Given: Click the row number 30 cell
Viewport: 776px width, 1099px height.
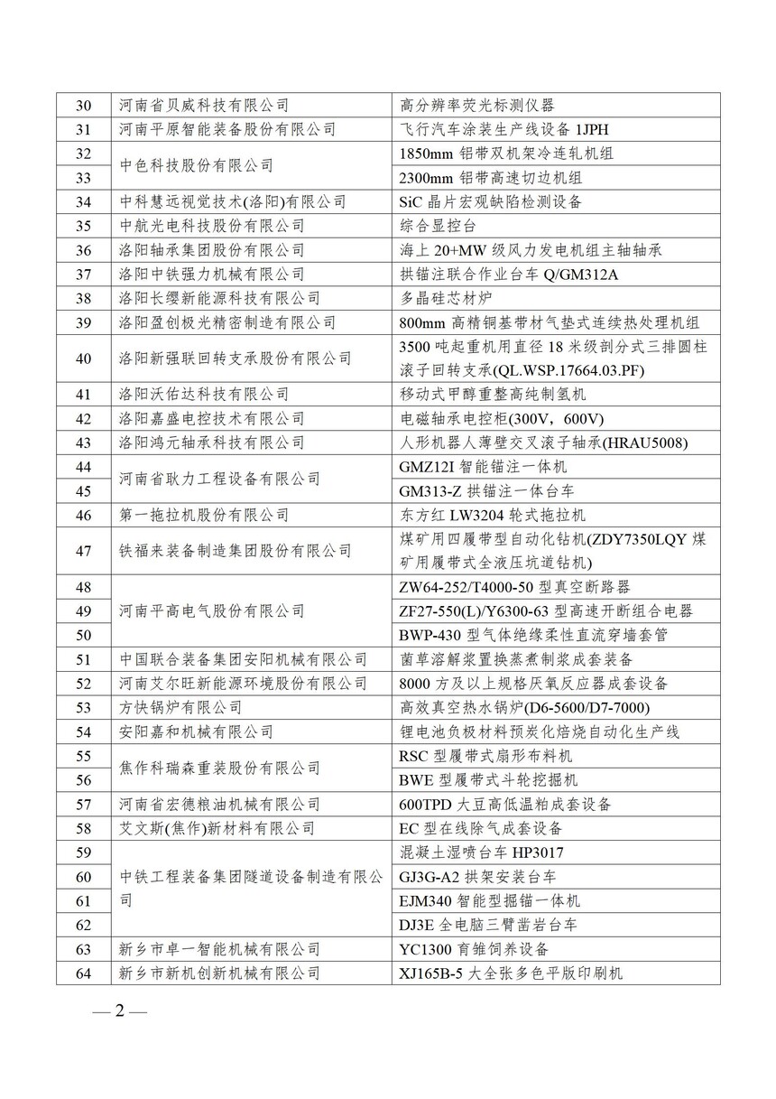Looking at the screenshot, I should coord(84,105).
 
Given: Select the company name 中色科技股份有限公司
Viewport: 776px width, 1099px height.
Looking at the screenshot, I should coord(197,165).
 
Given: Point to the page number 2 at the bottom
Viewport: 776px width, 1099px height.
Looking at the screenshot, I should coord(117,1010).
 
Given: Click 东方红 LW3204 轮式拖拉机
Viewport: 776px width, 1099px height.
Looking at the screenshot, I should coord(492,515).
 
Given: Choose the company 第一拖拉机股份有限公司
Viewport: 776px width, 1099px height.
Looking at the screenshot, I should coord(204,515).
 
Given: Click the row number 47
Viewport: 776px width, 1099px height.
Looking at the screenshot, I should coord(84,550).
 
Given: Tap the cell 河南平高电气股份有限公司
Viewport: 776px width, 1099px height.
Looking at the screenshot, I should coord(212,611).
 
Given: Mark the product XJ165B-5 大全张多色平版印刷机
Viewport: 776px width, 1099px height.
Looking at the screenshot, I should coord(511,973).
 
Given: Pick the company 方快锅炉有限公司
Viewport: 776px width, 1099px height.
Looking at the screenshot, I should coord(180,708).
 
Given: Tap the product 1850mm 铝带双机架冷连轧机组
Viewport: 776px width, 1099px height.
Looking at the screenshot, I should coord(506,154).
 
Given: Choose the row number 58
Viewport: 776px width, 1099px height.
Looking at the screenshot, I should coord(84,828).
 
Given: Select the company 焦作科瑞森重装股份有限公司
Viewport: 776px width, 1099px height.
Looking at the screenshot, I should coord(219,768).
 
